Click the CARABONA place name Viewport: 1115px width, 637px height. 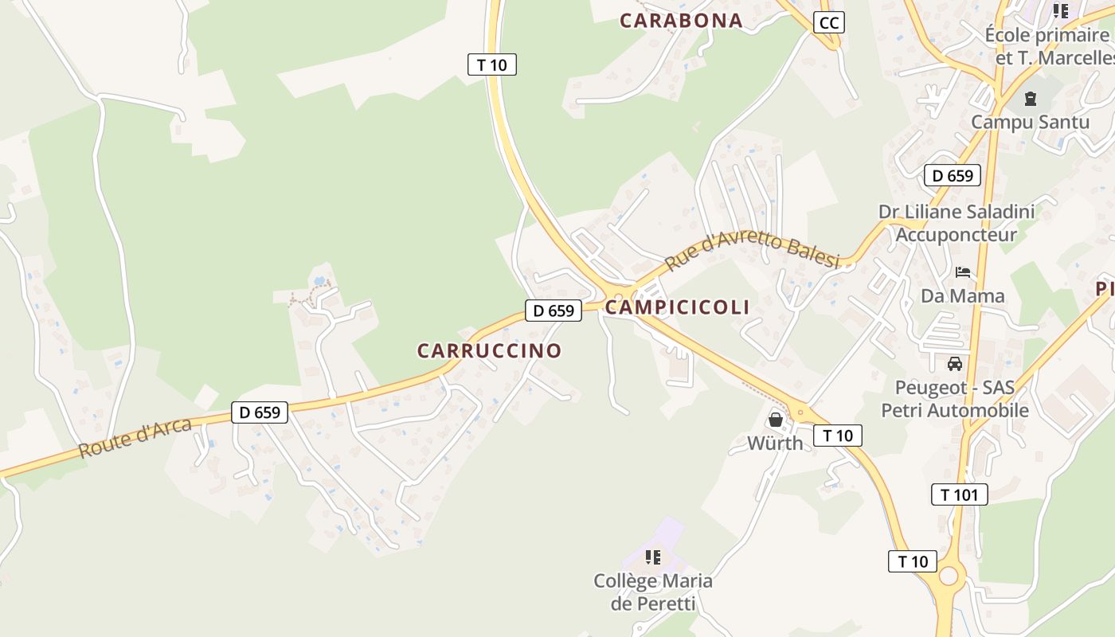tap(681, 21)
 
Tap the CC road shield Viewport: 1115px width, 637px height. tap(829, 22)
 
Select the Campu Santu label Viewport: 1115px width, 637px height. tap(1030, 122)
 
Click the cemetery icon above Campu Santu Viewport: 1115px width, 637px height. tap(1031, 100)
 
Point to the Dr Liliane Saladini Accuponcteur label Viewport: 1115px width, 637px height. tap(957, 223)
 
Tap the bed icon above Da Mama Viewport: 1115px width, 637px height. tap(963, 272)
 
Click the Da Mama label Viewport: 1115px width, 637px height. tap(963, 295)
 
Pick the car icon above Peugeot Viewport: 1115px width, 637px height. tap(954, 364)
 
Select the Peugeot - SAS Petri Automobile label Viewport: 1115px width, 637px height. tap(955, 399)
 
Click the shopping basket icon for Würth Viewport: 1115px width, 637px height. tap(775, 420)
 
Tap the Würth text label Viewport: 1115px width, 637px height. tap(775, 443)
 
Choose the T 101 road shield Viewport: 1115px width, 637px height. tap(959, 494)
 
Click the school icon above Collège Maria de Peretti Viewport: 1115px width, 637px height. tap(653, 557)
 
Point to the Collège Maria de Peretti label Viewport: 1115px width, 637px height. tap(653, 592)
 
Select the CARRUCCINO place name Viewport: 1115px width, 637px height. tap(489, 350)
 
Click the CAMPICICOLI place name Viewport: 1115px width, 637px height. tap(678, 307)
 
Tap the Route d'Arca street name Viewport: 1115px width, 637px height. tap(135, 438)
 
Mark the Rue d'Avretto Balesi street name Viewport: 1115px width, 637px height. tap(753, 251)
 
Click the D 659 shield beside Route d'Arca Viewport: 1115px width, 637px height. tap(260, 412)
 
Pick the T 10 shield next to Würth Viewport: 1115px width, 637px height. tap(837, 436)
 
